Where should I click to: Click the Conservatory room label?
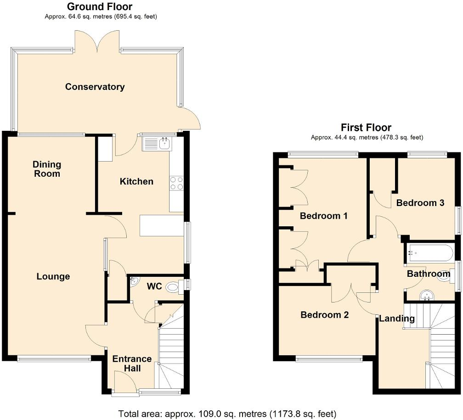tap(95, 87)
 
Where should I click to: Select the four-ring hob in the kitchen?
tap(176, 183)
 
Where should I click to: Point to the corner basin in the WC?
tap(134, 282)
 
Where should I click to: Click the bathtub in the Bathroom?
tap(429, 252)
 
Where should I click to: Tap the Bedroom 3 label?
tap(420, 203)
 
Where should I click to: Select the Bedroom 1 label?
tap(323, 216)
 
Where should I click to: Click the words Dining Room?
tap(46, 169)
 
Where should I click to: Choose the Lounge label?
tap(53, 276)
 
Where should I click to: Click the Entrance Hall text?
tap(132, 364)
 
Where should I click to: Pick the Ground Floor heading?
tap(100, 6)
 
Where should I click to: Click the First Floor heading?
tap(366, 127)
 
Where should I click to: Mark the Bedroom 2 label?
tap(324, 315)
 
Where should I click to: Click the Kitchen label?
tap(136, 181)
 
